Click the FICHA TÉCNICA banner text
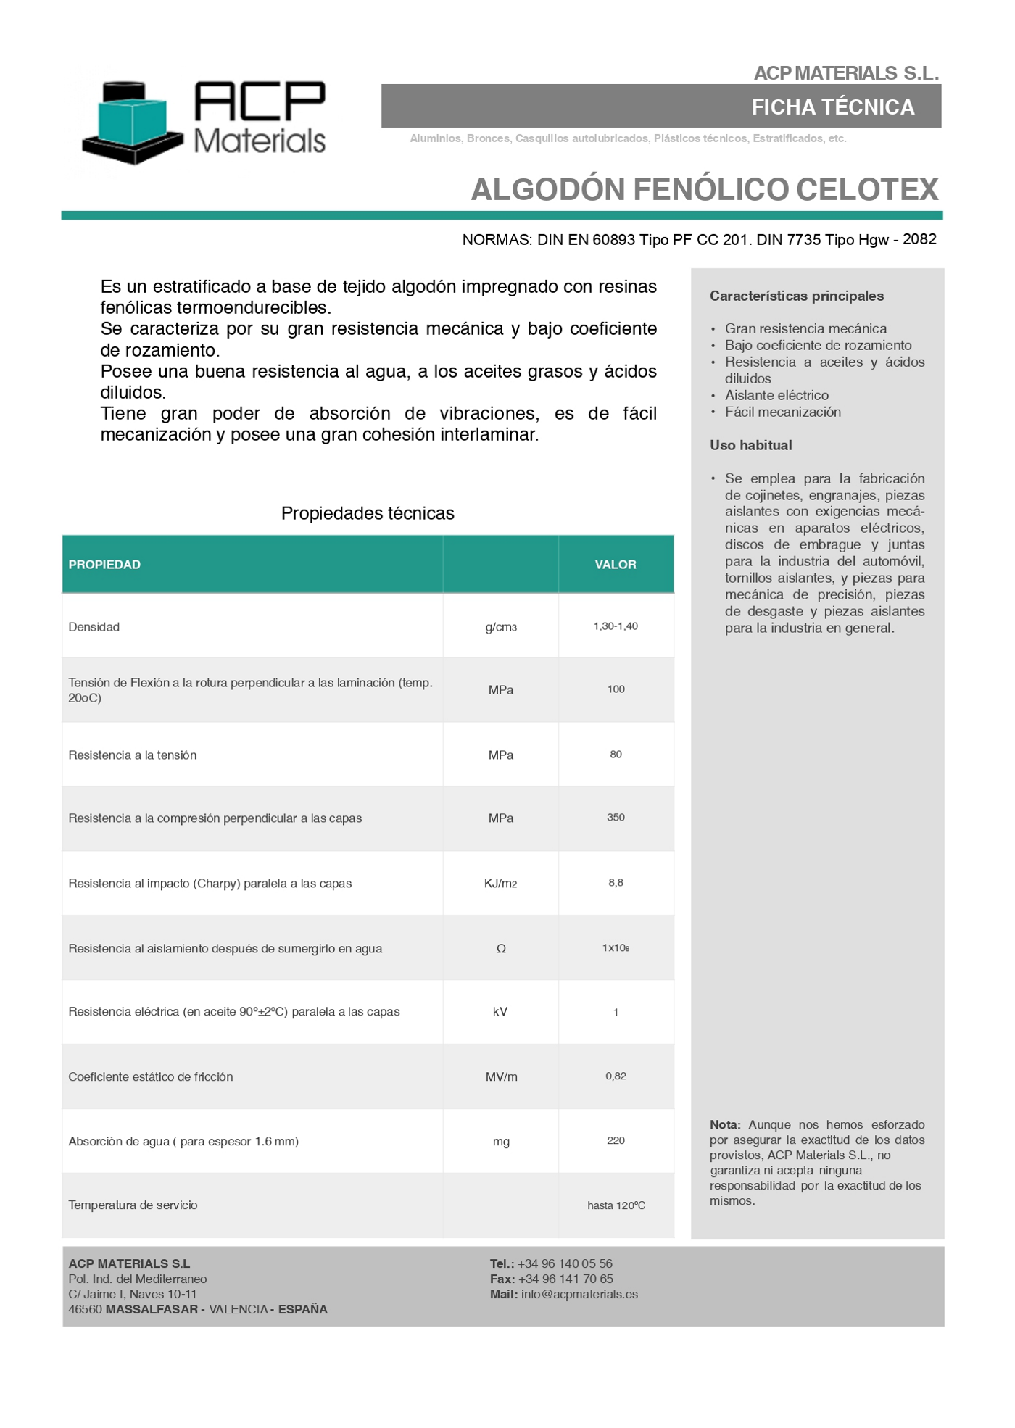point(832,107)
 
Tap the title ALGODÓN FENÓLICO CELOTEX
point(704,189)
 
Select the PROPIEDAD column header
point(104,565)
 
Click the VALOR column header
point(616,565)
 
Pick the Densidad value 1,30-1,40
point(616,626)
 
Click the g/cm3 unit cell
point(501,627)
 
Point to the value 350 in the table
point(616,818)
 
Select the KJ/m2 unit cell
point(500,884)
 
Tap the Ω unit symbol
point(501,949)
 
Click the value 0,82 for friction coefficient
point(616,1076)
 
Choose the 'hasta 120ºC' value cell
point(616,1205)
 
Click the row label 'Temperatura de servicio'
point(133,1205)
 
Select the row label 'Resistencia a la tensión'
point(132,755)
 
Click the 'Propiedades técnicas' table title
point(368,513)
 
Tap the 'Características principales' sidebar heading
point(797,296)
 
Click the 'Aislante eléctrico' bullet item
point(776,395)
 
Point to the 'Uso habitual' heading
point(750,445)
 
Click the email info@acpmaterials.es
point(579,1295)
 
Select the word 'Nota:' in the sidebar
point(725,1125)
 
